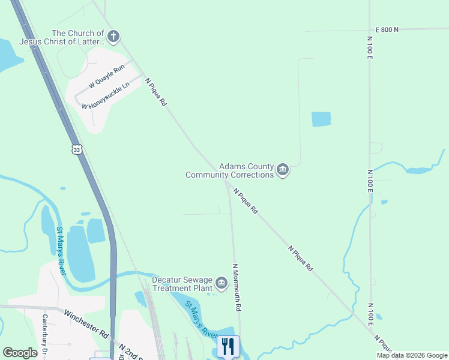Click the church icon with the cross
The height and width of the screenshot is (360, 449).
(114, 37)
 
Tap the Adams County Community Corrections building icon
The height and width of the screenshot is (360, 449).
(283, 170)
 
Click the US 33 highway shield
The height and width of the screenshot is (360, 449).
(76, 149)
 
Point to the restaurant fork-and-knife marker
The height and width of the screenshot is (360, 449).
(228, 347)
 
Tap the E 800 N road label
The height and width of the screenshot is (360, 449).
(387, 29)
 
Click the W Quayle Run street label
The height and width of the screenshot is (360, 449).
(106, 77)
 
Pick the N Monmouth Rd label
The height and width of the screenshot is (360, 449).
(237, 287)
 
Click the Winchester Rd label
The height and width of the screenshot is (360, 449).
(86, 323)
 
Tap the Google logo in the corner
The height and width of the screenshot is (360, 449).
(20, 353)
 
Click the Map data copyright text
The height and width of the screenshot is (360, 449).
(411, 355)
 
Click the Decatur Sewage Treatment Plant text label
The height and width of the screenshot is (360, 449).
(182, 284)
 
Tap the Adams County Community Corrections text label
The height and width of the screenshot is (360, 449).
(230, 170)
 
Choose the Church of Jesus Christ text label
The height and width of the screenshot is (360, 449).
(62, 37)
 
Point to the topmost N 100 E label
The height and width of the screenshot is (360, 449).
(369, 48)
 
